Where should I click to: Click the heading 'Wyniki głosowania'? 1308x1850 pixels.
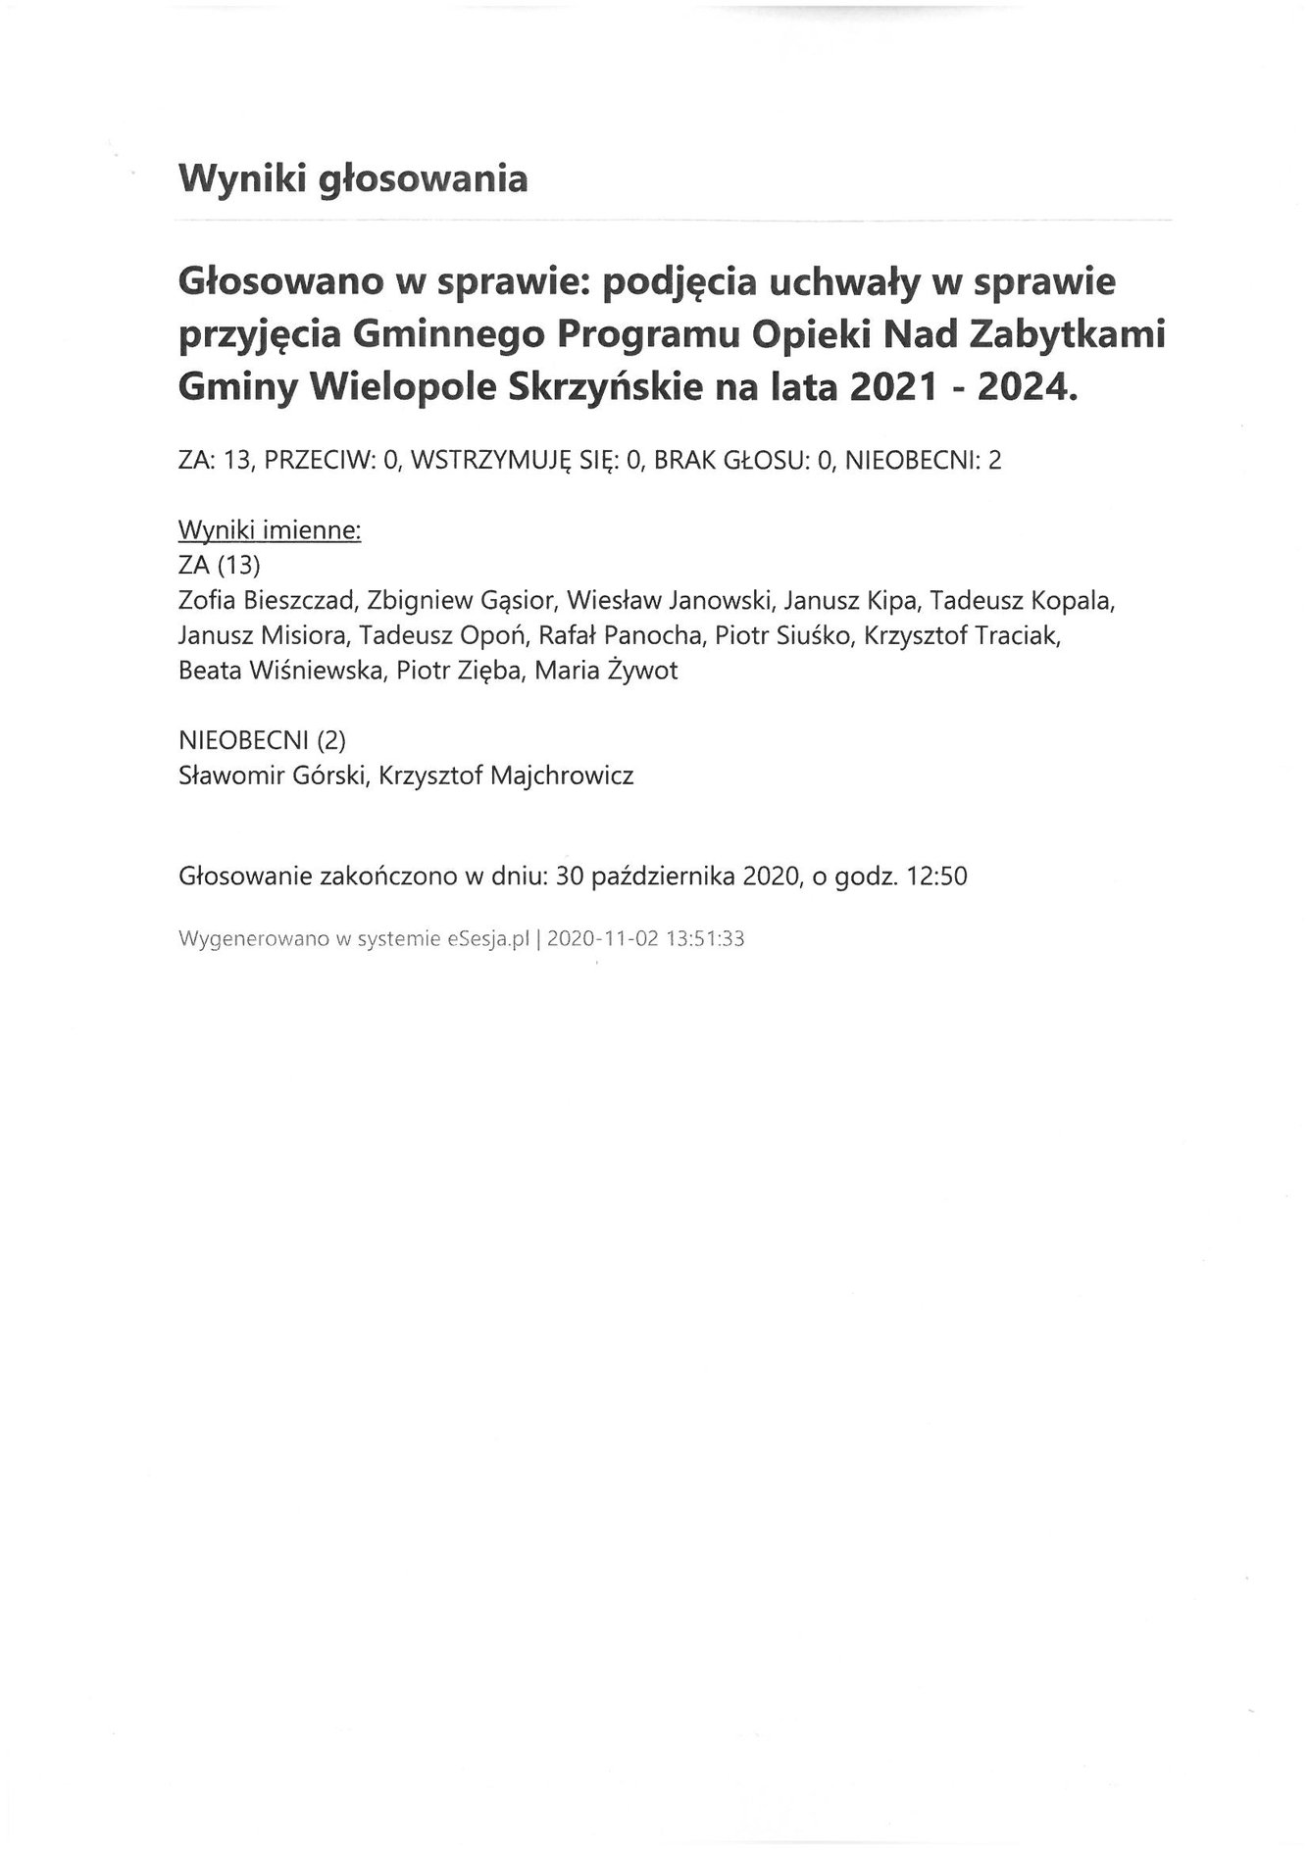pos(352,179)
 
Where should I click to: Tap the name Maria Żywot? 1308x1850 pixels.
pos(606,671)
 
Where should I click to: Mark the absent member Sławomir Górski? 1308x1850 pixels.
pos(270,775)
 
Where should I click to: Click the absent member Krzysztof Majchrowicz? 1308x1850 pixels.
pos(506,775)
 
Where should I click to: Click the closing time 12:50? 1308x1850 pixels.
pos(937,876)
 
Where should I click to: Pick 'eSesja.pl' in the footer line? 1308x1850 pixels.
pos(487,938)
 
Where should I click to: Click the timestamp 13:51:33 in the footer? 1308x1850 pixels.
pos(705,938)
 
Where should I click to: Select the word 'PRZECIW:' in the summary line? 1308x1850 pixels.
pos(321,461)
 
